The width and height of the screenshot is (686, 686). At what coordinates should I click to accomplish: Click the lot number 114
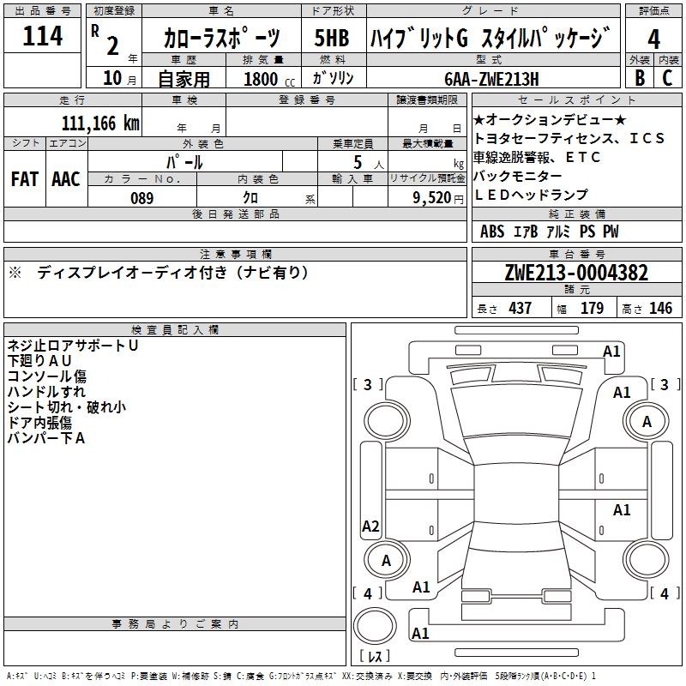pyautogui.click(x=43, y=37)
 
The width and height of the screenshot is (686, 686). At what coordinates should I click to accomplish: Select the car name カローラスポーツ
pyautogui.click(x=222, y=39)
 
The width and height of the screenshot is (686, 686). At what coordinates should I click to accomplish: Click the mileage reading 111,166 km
pyautogui.click(x=99, y=123)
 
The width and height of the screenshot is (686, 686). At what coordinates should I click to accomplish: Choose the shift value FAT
pyautogui.click(x=24, y=179)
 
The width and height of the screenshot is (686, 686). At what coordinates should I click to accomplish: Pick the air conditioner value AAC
pyautogui.click(x=66, y=179)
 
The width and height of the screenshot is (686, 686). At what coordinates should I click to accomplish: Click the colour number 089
pyautogui.click(x=141, y=198)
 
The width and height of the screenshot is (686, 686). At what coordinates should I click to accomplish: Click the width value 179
pyautogui.click(x=592, y=309)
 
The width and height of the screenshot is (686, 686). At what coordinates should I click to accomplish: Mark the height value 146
pyautogui.click(x=659, y=309)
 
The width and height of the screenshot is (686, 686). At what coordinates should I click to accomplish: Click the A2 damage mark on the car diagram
pyautogui.click(x=370, y=527)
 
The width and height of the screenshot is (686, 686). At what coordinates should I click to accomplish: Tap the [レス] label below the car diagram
pyautogui.click(x=375, y=657)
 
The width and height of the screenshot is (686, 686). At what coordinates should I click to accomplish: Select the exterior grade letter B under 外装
pyautogui.click(x=639, y=78)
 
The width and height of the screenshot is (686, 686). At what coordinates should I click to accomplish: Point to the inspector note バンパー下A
pyautogui.click(x=46, y=438)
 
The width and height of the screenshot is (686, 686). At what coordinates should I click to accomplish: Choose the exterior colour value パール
pyautogui.click(x=184, y=162)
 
